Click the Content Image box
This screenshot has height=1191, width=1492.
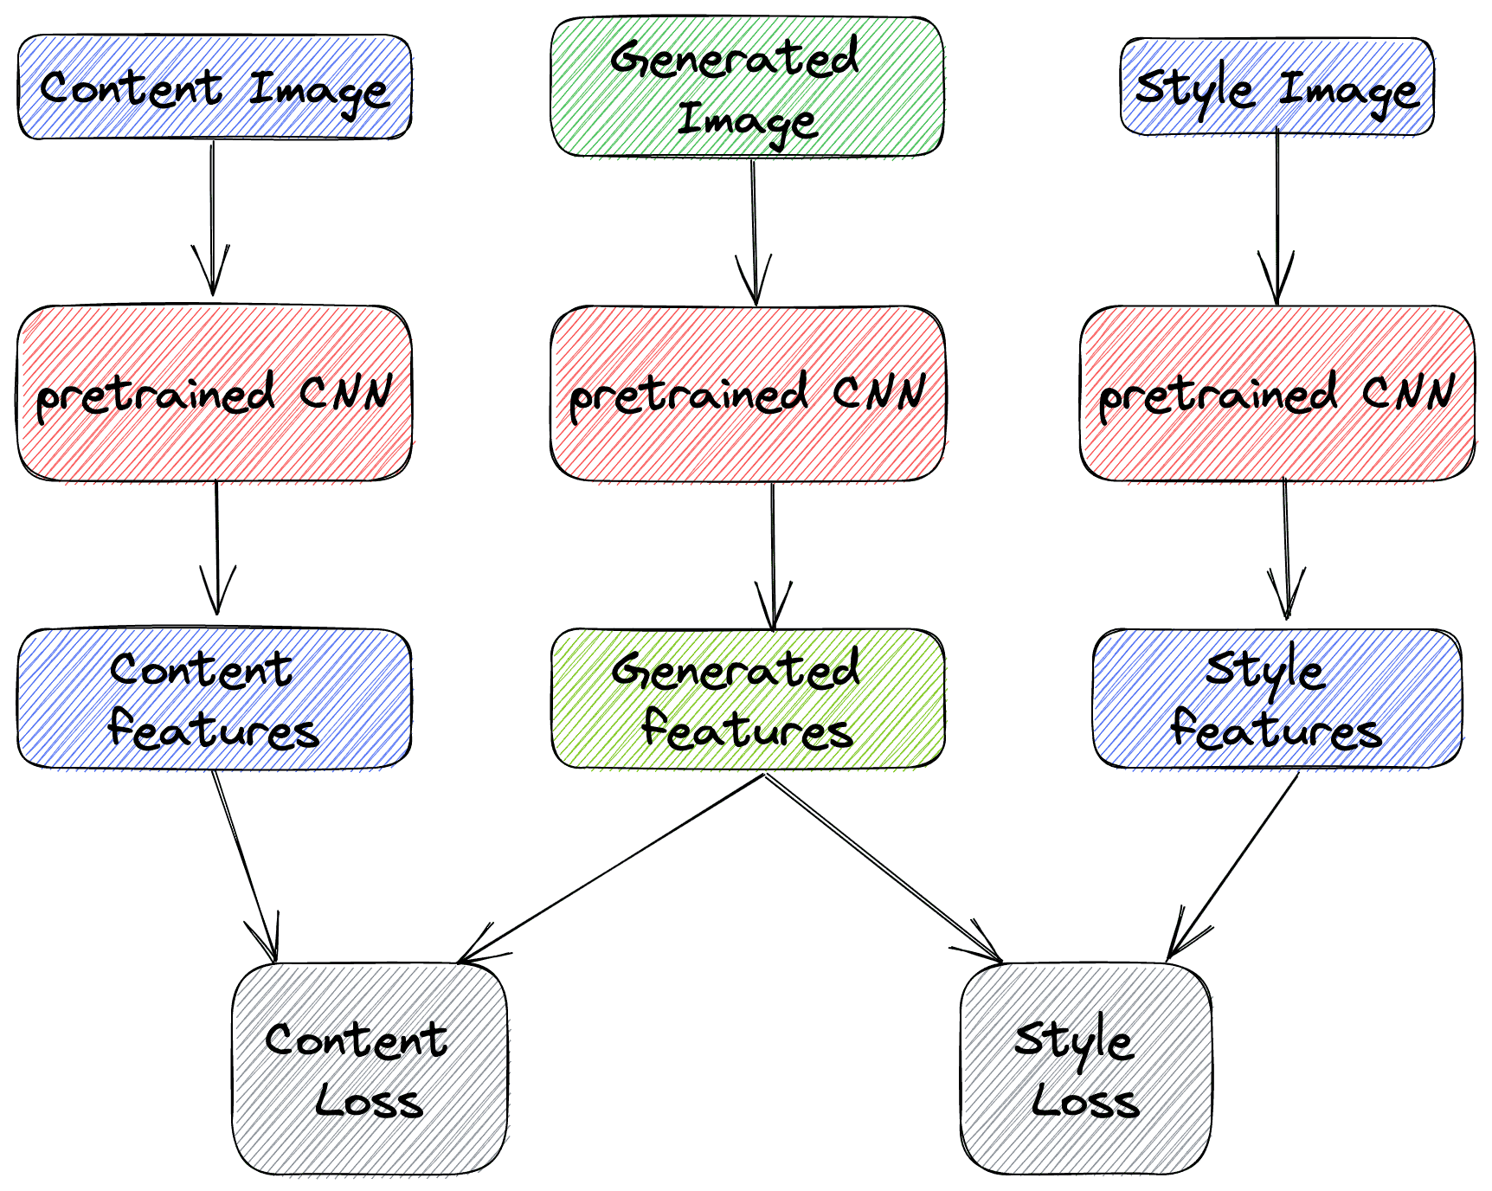[214, 87]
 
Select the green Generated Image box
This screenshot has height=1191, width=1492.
[747, 87]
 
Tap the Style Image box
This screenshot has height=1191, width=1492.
[1277, 87]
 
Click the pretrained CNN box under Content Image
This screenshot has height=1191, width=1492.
[214, 393]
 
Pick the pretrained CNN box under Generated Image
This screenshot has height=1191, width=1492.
[747, 393]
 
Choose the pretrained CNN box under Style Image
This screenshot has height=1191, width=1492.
[1277, 393]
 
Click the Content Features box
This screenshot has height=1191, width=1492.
[214, 699]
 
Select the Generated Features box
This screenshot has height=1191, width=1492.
[747, 699]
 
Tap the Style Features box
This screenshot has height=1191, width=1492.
[1277, 699]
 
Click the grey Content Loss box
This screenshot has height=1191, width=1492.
[370, 1068]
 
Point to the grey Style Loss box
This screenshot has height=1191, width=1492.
[1085, 1068]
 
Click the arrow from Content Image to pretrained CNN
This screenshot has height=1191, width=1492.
[213, 216]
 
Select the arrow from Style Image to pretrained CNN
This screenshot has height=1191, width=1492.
[1277, 216]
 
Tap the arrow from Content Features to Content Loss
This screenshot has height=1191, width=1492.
[245, 866]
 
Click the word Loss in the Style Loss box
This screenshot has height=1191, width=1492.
[1085, 1101]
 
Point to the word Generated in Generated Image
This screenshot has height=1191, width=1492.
[734, 59]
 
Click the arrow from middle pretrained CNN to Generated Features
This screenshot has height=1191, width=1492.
[773, 554]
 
